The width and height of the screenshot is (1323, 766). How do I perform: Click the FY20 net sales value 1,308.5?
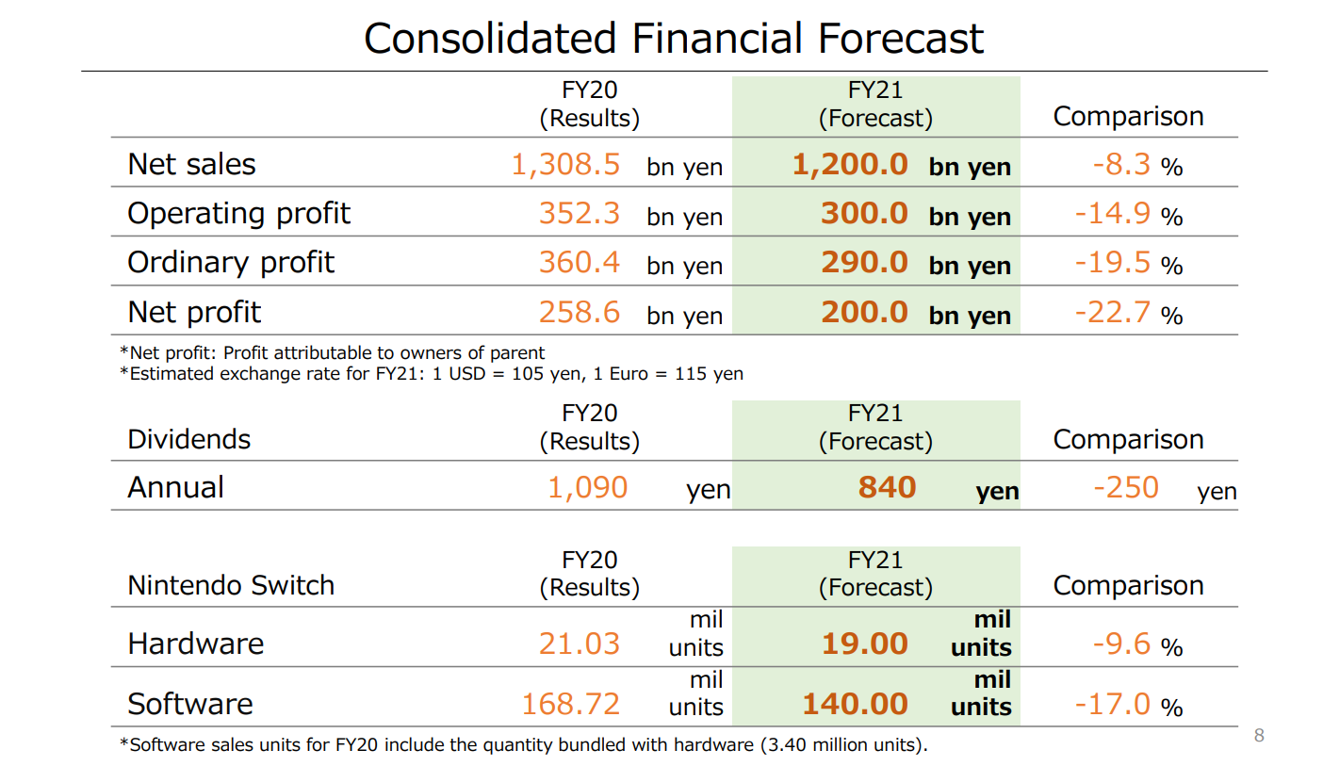point(565,164)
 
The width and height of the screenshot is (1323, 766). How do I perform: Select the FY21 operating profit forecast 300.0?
point(864,213)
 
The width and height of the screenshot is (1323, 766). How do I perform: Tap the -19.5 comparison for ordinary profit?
point(1112,262)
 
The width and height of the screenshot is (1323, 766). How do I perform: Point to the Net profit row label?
point(194,312)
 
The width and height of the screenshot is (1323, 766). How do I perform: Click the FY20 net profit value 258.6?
point(579,312)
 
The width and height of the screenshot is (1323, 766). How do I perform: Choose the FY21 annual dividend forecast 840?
point(887,487)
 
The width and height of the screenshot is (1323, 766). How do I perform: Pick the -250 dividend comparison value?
point(1126,487)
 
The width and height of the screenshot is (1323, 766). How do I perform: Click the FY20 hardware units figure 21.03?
point(579,644)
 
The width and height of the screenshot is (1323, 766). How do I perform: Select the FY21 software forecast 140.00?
point(856,704)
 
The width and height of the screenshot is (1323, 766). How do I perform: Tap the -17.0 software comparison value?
point(1112,704)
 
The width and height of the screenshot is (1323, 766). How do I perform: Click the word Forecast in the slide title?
point(900,39)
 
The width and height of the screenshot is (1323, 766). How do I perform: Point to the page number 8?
point(1259,735)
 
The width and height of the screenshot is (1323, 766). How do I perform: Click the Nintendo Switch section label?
point(231,585)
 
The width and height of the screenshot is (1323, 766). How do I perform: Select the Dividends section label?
point(189,439)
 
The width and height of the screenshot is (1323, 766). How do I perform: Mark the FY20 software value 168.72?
point(570,704)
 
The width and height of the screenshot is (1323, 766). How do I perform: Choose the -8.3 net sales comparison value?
point(1121,164)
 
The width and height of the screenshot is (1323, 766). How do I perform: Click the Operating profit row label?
point(238,214)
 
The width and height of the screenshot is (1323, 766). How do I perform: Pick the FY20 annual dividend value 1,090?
point(588,488)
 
